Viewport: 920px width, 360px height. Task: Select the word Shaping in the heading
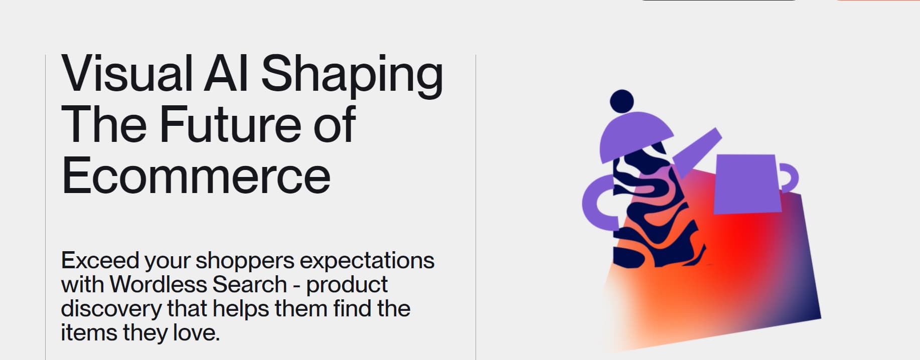click(352, 76)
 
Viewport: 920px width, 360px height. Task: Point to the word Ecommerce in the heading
click(196, 175)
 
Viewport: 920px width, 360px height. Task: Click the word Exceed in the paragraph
click(100, 260)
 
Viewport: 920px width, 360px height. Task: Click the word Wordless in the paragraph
click(159, 284)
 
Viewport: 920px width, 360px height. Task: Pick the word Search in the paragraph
click(250, 284)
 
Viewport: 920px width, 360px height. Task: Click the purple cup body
click(747, 184)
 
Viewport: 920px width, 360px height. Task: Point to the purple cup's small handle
click(793, 178)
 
